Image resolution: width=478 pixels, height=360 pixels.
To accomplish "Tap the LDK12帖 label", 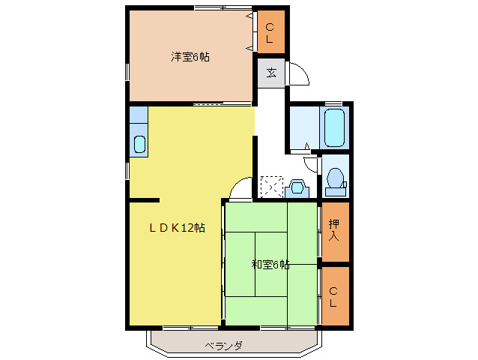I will pyautogui.click(x=176, y=228).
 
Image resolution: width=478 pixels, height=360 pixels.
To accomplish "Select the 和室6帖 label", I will pyautogui.click(x=270, y=264).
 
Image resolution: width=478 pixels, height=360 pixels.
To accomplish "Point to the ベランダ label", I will pyautogui.click(x=223, y=346).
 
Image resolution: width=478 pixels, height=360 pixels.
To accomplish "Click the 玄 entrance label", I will pyautogui.click(x=270, y=73).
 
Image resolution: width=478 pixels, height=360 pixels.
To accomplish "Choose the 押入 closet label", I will pyautogui.click(x=334, y=229).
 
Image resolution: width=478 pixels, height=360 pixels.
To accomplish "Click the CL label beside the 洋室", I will pyautogui.click(x=270, y=32).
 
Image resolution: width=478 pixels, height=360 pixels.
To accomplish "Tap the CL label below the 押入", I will pyautogui.click(x=334, y=297).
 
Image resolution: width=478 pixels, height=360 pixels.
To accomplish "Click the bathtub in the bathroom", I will pyautogui.click(x=334, y=128).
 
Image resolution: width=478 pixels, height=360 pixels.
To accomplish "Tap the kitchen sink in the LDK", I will pyautogui.click(x=139, y=144).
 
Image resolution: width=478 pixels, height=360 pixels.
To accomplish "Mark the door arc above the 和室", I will pyautogui.click(x=242, y=190).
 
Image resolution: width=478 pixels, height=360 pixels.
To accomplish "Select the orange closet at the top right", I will pyautogui.click(x=270, y=32).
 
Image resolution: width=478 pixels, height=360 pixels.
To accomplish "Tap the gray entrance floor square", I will pyautogui.click(x=270, y=73).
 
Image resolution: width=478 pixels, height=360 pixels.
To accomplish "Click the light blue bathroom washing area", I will pyautogui.click(x=304, y=128).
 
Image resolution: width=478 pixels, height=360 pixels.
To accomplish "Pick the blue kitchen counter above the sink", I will pyautogui.click(x=139, y=116).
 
